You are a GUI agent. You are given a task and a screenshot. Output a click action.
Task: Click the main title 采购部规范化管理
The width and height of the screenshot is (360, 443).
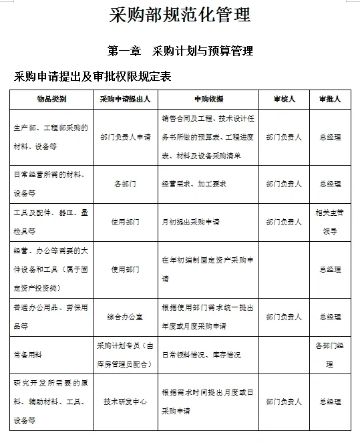(x=180, y=15)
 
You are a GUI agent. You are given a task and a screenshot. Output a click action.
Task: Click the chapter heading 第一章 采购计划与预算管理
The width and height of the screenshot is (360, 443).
(x=180, y=51)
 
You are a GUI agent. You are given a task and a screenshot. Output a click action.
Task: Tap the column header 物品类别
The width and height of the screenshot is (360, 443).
(x=51, y=99)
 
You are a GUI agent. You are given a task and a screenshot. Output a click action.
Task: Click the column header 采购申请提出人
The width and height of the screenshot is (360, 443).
(x=125, y=99)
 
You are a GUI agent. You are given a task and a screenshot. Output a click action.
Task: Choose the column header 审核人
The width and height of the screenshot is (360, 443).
(x=283, y=99)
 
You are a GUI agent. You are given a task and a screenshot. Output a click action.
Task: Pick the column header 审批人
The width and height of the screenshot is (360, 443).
(x=329, y=99)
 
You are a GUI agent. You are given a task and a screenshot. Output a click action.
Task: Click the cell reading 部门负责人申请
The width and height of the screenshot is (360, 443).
(x=125, y=137)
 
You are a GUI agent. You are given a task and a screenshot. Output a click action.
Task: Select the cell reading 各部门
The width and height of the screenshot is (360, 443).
(x=125, y=183)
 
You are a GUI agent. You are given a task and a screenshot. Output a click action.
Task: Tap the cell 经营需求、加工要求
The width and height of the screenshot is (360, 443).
(x=194, y=183)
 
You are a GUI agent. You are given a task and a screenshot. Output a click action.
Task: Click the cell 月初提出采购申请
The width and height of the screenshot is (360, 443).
(x=190, y=222)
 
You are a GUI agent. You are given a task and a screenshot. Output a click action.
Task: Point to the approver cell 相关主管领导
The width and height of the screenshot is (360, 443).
(x=329, y=222)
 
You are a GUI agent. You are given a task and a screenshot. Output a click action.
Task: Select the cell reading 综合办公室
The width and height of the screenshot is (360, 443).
(x=125, y=317)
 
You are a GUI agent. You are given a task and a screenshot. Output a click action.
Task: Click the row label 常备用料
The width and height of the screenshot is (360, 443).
(x=28, y=355)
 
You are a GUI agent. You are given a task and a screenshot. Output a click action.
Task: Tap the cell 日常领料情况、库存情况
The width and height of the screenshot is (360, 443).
(x=201, y=355)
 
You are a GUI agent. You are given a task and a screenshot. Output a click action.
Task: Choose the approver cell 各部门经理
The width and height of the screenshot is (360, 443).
(x=329, y=355)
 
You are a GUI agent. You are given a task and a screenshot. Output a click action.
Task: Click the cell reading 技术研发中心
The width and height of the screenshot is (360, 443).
(x=125, y=402)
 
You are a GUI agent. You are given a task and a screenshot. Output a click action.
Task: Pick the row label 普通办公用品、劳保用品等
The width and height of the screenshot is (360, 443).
(x=50, y=317)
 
